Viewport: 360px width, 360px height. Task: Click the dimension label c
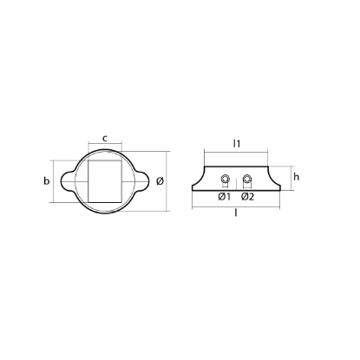coord(105,137)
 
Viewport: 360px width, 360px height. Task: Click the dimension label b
coord(47,180)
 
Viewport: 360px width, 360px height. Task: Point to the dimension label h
coord(296,176)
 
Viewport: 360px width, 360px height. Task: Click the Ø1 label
coord(224,197)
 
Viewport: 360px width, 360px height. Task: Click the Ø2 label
coord(247,197)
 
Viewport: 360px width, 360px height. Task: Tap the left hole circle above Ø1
coord(225,180)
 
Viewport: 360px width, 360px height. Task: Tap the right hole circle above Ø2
coord(247,180)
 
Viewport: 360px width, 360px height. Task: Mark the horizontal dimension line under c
coord(105,146)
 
